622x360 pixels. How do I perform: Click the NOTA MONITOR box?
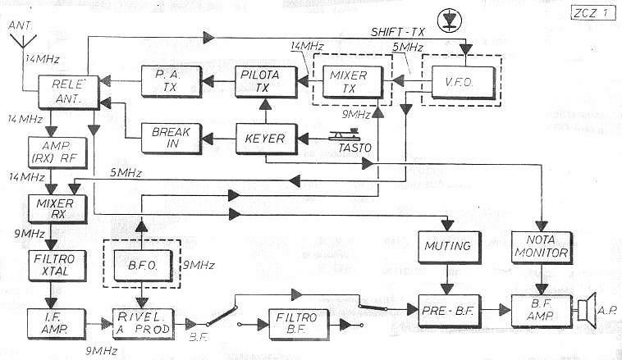pos(541,246)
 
